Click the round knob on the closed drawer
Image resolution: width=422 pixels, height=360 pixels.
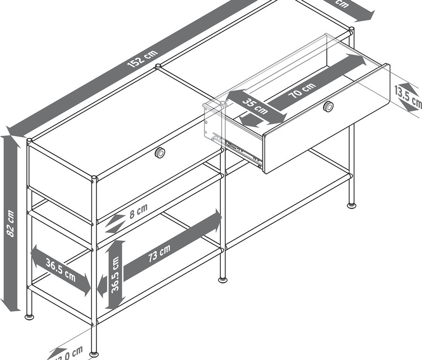point(160,153)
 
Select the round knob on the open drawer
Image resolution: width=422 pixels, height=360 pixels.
point(329,107)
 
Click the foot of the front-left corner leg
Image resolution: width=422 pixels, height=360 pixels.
point(94,353)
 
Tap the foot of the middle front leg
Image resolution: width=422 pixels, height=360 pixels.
point(223,280)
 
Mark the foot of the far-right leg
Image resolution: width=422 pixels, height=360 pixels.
point(351,205)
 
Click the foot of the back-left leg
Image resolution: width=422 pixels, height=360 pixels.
point(29,316)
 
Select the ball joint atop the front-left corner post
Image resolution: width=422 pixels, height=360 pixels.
point(94,177)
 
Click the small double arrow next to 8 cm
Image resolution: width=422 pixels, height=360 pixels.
point(115,224)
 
